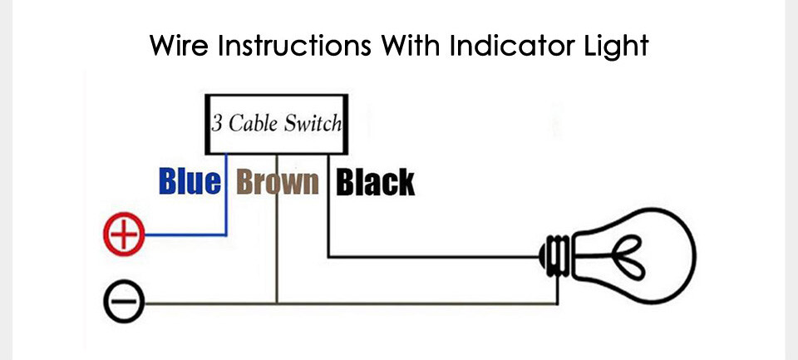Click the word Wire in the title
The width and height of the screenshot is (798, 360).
click(x=180, y=46)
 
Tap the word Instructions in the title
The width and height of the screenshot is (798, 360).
click(x=293, y=46)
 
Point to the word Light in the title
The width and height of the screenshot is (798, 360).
click(x=615, y=47)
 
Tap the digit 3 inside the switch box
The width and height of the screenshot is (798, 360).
click(x=217, y=124)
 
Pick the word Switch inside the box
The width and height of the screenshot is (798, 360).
click(x=313, y=123)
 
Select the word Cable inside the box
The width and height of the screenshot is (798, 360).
click(x=253, y=123)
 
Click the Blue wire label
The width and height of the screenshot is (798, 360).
click(x=190, y=182)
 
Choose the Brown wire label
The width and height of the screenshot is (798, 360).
click(x=278, y=182)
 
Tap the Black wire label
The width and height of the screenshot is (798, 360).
click(x=376, y=182)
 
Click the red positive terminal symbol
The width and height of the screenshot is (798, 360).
click(x=124, y=234)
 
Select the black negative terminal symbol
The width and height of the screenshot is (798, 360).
click(x=124, y=302)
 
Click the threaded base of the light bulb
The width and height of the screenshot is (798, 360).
click(x=556, y=256)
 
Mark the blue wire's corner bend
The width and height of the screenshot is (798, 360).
click(x=226, y=234)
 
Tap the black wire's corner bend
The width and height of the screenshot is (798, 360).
click(x=329, y=257)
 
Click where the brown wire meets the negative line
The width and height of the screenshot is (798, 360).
click(x=277, y=303)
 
